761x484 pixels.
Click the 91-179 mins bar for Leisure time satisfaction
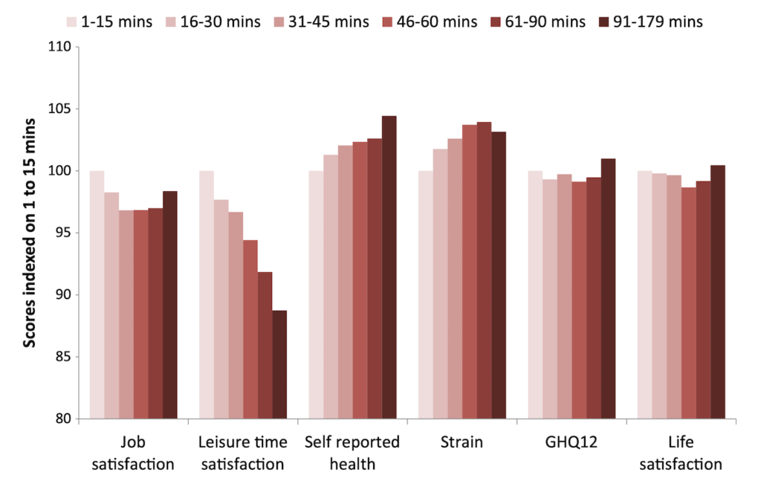[x=279, y=364]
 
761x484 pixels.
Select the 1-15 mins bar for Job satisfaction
[x=97, y=294]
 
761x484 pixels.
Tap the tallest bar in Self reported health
[x=389, y=268]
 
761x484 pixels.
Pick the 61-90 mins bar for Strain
[x=485, y=271]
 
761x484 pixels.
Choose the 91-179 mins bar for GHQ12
[x=609, y=289]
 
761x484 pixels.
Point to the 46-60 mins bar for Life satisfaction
[x=689, y=303]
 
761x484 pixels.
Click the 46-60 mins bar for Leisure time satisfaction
[x=250, y=329]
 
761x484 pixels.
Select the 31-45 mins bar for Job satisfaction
[x=126, y=314]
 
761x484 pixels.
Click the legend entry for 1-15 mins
[x=109, y=22]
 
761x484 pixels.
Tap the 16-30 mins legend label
[x=220, y=22]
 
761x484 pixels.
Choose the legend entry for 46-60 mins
[x=430, y=22]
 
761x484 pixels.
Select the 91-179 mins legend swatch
[x=603, y=22]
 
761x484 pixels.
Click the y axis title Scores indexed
[x=30, y=233]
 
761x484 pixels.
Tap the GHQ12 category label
[x=571, y=442]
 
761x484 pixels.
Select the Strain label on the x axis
[x=462, y=442]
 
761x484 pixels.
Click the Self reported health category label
[x=352, y=453]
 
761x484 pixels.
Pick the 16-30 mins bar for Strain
[x=441, y=284]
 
